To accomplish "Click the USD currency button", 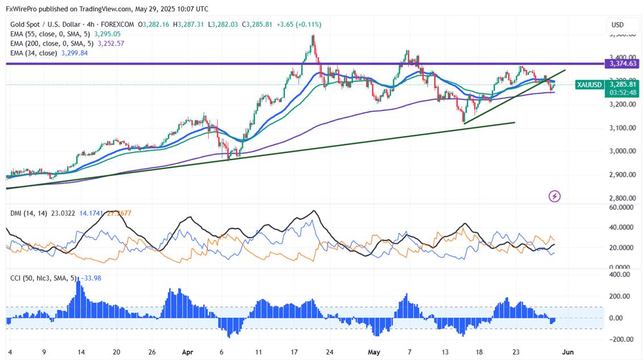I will coord(617,25).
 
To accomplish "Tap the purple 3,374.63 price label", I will coord(622,64).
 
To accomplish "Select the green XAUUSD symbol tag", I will coord(590,85).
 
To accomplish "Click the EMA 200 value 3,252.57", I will coord(112,43).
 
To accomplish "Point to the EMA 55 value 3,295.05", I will coord(108,34).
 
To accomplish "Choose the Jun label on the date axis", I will coord(567,351).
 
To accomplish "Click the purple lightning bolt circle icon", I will coord(555,196).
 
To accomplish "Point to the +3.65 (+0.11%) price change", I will coord(301,24).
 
